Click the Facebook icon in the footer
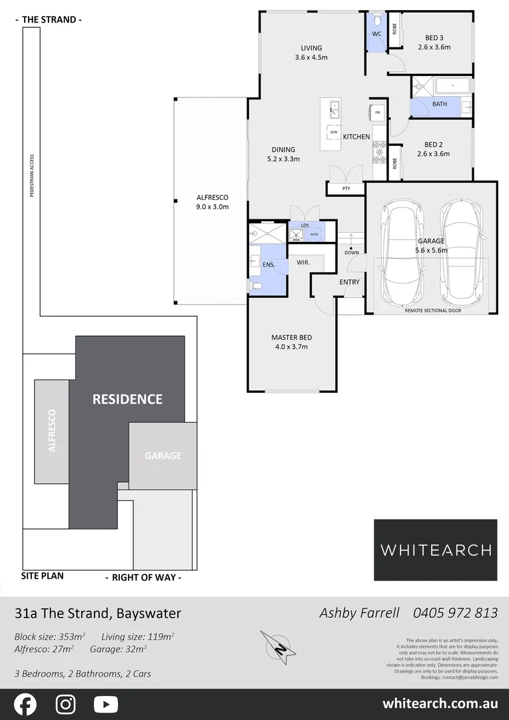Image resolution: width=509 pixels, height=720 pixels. pos(25,704)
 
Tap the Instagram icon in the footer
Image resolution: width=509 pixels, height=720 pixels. pos(65,704)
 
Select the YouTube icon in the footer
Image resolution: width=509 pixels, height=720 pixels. pos(106,704)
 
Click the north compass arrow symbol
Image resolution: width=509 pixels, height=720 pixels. pos(278,646)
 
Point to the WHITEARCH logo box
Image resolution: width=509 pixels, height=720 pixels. pos(435,550)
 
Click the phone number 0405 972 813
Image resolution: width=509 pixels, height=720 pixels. pos(455,613)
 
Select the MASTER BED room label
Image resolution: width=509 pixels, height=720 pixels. pos(291,342)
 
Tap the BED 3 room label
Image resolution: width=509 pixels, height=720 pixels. pos(434,42)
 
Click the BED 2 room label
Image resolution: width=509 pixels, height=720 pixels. pos(436,149)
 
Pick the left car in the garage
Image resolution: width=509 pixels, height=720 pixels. pos(400,253)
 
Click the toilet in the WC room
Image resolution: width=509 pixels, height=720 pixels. pos(376,19)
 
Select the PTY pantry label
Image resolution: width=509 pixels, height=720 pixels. pos(346,189)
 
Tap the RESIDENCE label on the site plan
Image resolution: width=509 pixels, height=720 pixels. pos(127,399)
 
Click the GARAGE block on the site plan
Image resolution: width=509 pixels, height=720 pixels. pos(163,456)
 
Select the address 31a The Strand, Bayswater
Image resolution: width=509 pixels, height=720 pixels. pos(97,613)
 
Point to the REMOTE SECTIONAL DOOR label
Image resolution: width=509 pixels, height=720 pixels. pos(432,311)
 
